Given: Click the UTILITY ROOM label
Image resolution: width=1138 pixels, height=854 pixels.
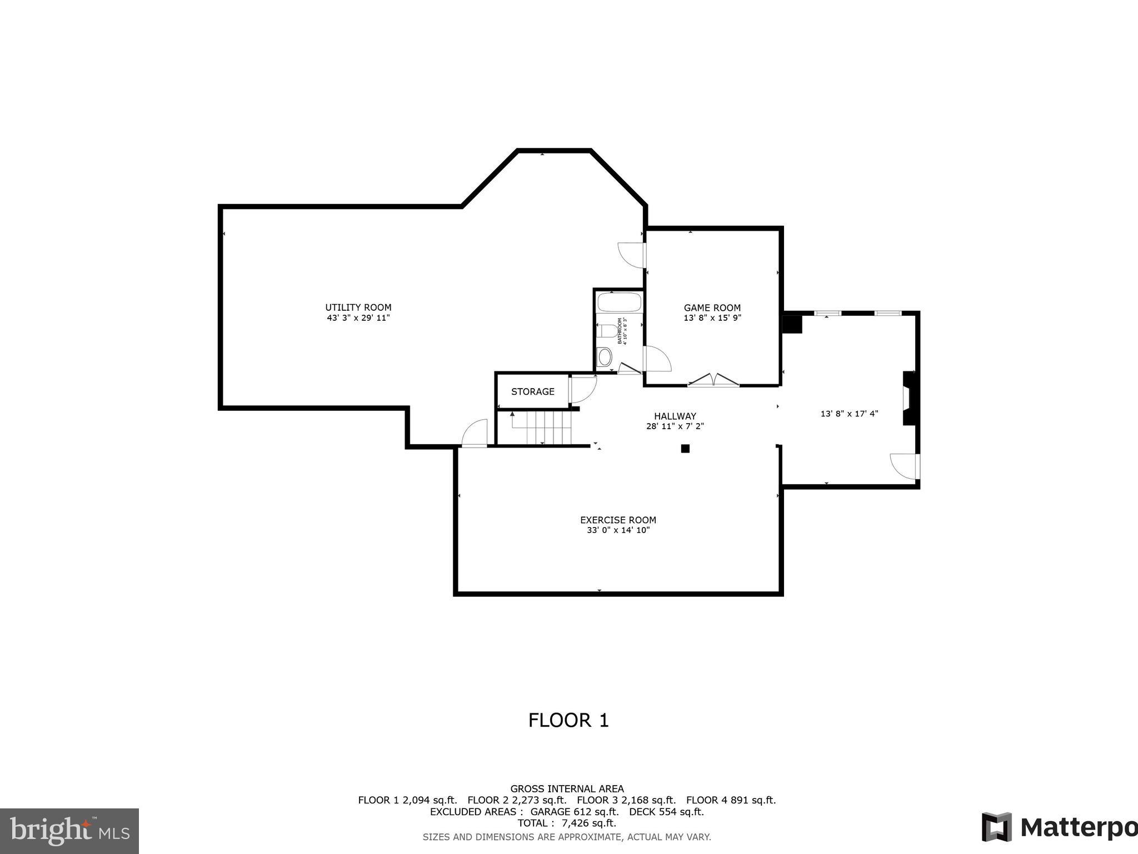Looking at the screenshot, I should coord(358,307).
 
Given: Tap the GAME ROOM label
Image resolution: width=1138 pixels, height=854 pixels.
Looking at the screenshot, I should coord(712,307).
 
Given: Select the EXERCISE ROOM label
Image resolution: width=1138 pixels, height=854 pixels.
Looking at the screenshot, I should coord(618,520).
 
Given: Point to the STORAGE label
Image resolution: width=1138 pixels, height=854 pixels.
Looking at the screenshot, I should coord(532,391).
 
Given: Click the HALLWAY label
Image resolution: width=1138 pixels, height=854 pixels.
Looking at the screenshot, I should coord(675,416).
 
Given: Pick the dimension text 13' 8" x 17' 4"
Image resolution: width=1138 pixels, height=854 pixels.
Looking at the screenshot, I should coord(849,414).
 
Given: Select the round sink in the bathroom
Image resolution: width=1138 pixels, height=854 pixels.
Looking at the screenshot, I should coord(605,357).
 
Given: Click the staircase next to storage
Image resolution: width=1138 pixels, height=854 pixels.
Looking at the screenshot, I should coord(542,427).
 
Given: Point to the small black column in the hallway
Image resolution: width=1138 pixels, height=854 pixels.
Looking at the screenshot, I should coord(685,449).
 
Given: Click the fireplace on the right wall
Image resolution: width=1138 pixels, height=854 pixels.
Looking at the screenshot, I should coord(909,398).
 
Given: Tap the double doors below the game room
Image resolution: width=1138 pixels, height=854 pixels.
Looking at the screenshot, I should coord(713,380).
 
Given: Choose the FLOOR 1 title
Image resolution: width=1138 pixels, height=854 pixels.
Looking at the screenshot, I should coord(568,721).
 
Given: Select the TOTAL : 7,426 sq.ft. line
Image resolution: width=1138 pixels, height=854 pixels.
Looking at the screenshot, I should coord(567,823).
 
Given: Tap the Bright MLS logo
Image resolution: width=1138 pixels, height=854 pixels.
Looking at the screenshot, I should coord(69,831).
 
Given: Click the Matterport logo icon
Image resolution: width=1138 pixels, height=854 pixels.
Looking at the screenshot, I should coord(996,827).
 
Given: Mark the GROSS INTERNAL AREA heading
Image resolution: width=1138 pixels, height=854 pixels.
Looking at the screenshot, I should coord(567,788).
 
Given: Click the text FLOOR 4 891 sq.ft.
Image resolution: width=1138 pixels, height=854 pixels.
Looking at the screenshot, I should coord(731,800).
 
